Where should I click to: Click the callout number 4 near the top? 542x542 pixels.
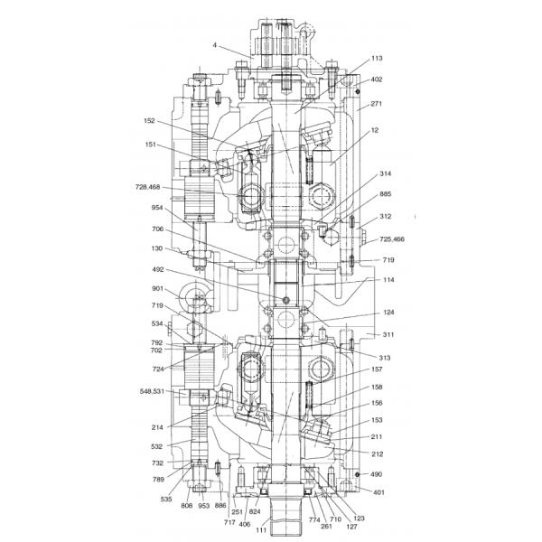coord(215,45)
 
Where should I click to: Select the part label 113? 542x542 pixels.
coord(377,58)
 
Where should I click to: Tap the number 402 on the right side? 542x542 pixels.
coord(377,79)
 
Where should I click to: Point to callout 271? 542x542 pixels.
coord(376,103)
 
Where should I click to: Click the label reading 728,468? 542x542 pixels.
coord(147,187)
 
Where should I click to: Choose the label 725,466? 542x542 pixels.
coord(392,239)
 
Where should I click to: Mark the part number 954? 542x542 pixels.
coord(157,208)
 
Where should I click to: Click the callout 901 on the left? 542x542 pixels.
coord(157,288)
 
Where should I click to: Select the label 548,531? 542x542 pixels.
coord(152,391)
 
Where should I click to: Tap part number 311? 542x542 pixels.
coord(388,334)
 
